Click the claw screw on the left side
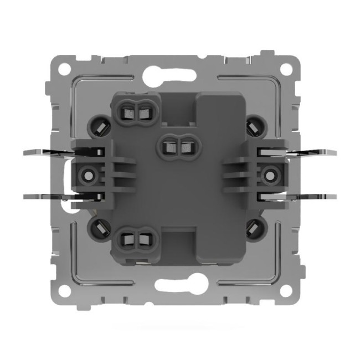click(x=86, y=174)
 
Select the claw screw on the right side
click(x=270, y=174)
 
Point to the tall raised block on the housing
click(x=222, y=177)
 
